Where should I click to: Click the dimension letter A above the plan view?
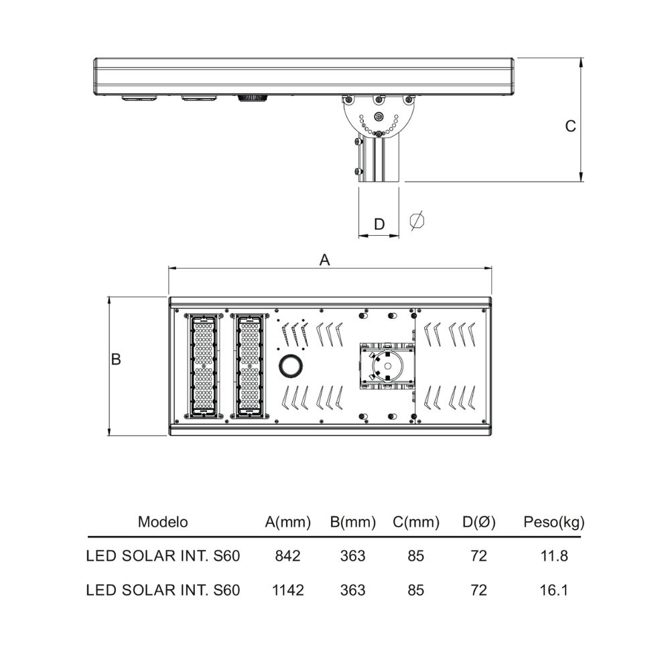pyautogui.click(x=324, y=260)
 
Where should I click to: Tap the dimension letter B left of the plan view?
pyautogui.click(x=116, y=359)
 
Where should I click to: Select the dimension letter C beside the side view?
pyautogui.click(x=570, y=126)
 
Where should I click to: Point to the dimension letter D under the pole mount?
pyautogui.click(x=379, y=224)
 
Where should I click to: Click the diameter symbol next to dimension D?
pyautogui.click(x=417, y=221)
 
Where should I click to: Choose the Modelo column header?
pyautogui.click(x=163, y=522)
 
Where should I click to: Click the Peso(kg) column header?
pyautogui.click(x=554, y=522)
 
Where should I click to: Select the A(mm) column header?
pyautogui.click(x=287, y=522)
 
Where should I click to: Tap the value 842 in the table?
pyautogui.click(x=287, y=556)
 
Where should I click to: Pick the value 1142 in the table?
pyautogui.click(x=287, y=590)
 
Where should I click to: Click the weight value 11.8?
pyautogui.click(x=554, y=556)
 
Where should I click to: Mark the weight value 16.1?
pyautogui.click(x=554, y=590)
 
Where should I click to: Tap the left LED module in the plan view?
pyautogui.click(x=204, y=366)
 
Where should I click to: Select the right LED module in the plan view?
pyautogui.click(x=249, y=366)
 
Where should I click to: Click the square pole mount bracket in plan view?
pyautogui.click(x=387, y=366)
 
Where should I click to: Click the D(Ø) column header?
pyautogui.click(x=478, y=522)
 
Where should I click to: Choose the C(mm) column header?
pyautogui.click(x=416, y=522)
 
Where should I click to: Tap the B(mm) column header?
pyautogui.click(x=353, y=522)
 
